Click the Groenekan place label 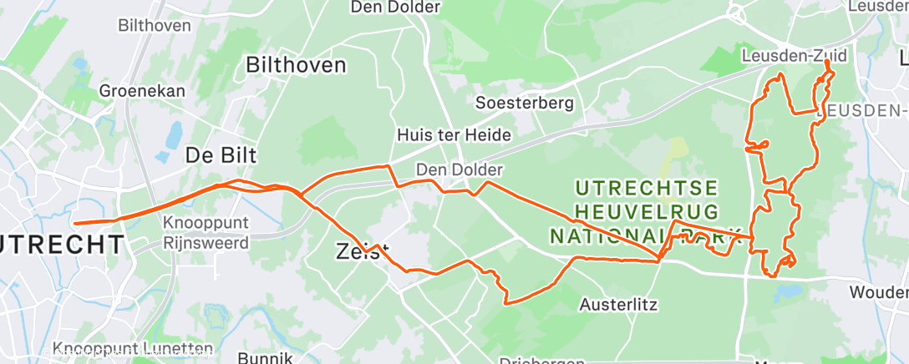pyautogui.click(x=141, y=90)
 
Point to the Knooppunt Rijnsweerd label pyautogui.click(x=206, y=234)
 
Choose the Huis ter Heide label pyautogui.click(x=454, y=134)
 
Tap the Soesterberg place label pyautogui.click(x=524, y=104)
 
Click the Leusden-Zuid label pyautogui.click(x=794, y=57)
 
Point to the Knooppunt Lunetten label pyautogui.click(x=133, y=348)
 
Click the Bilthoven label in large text pyautogui.click(x=295, y=65)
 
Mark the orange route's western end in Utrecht pyautogui.click(x=75, y=223)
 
